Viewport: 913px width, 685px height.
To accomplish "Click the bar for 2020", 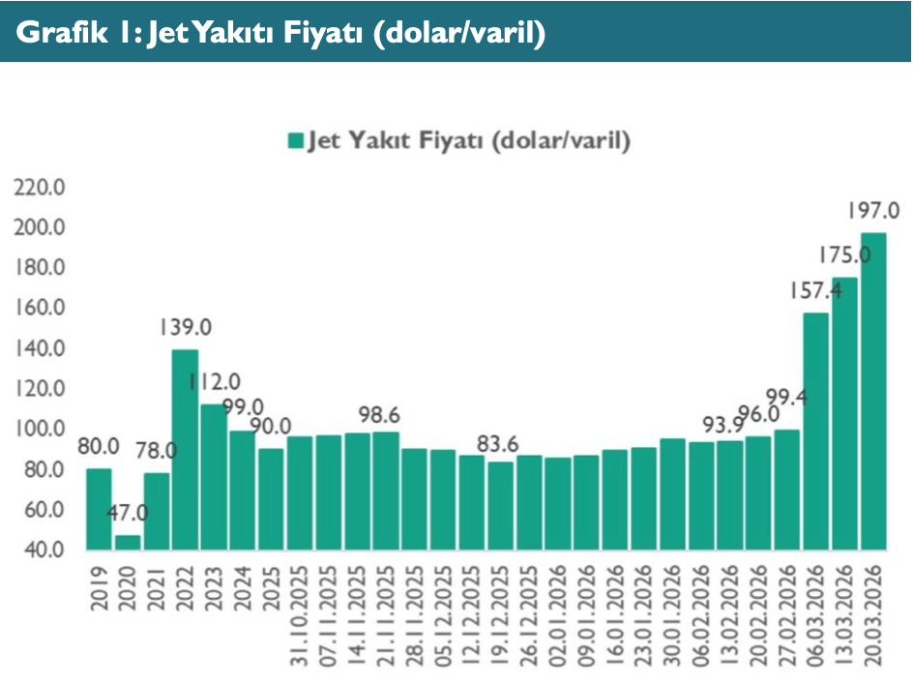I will coord(127,542).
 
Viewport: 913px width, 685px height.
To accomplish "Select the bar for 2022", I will coord(185,449).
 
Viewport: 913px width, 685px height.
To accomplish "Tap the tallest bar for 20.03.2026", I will coord(872,391).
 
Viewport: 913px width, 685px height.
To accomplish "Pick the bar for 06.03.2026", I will coord(815,431).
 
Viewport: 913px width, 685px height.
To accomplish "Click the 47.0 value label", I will coord(127,514).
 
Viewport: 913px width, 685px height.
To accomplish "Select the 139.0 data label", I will coord(186,328).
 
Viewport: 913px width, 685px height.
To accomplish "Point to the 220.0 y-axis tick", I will coord(40,187).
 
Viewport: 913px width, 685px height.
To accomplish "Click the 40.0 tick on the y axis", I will coord(44,550).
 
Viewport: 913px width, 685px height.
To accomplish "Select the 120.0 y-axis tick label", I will coord(40,388).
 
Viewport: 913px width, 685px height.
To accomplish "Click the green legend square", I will coord(295,141).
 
